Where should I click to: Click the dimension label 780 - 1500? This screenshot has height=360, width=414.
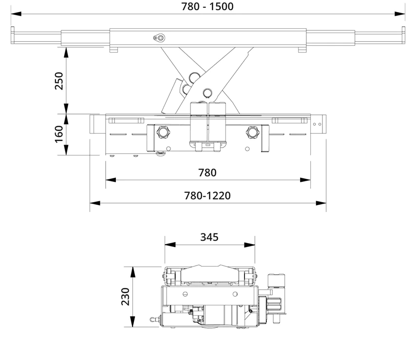pos(207,6)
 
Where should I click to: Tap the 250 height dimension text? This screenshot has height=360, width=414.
pos(59,81)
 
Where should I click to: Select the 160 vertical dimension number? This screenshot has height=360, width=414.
pos(59,134)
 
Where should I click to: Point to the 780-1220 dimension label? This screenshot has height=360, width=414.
pos(207,196)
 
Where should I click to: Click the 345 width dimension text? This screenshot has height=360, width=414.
pos(209,237)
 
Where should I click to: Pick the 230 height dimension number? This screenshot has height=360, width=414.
pos(125,297)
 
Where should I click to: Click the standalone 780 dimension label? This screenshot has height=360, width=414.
pos(207,173)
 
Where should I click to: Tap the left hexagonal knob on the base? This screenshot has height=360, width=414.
pos(163,132)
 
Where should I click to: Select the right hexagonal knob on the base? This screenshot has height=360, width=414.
pos(252,132)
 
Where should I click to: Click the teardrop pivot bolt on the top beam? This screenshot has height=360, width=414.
pos(159,38)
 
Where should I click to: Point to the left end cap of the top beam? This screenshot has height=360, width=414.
pos(12,35)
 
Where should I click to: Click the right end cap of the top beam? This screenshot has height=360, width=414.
pos(403,35)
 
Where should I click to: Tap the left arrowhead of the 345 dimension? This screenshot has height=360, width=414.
pos(170,245)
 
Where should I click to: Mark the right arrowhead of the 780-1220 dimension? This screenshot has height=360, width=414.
pos(321,203)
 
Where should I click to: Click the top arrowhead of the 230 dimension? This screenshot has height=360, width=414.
pos(132,272)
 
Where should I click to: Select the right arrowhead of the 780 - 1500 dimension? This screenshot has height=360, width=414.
pos(400,14)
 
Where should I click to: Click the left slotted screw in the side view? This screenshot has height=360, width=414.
pos(185,294)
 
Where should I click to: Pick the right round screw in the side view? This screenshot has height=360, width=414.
pos(235,294)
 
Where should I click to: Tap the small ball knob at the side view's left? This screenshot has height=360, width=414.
pos(152,320)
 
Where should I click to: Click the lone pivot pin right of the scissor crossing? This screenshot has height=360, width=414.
pos(207,93)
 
